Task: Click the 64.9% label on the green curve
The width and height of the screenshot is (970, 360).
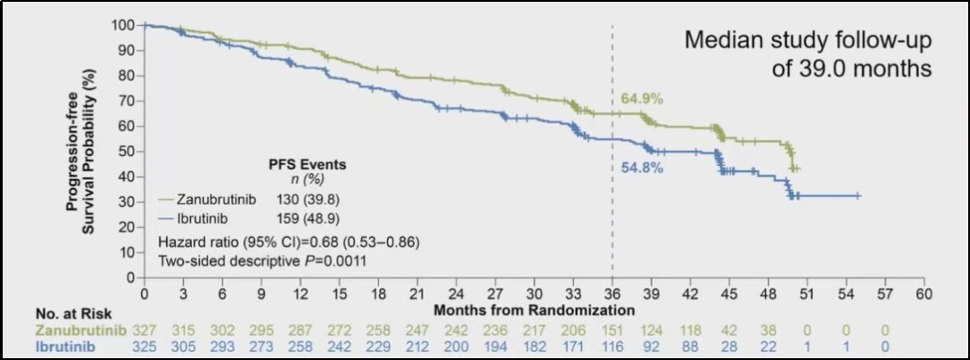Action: coord(641,99)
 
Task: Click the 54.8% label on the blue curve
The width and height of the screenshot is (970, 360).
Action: coord(641,168)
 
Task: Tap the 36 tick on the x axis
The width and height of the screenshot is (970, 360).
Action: coord(613,293)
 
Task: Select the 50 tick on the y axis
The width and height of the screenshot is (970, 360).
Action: coord(127,151)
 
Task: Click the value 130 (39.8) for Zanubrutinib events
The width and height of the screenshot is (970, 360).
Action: coord(309,199)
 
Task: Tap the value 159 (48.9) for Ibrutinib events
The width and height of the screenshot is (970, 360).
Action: coord(309,218)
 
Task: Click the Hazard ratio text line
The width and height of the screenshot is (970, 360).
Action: coord(288,242)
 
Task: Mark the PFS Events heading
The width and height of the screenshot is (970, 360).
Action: coord(308,164)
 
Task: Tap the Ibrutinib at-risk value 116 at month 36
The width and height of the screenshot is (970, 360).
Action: coord(613,347)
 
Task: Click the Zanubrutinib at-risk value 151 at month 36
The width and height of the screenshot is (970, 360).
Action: coord(613,329)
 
